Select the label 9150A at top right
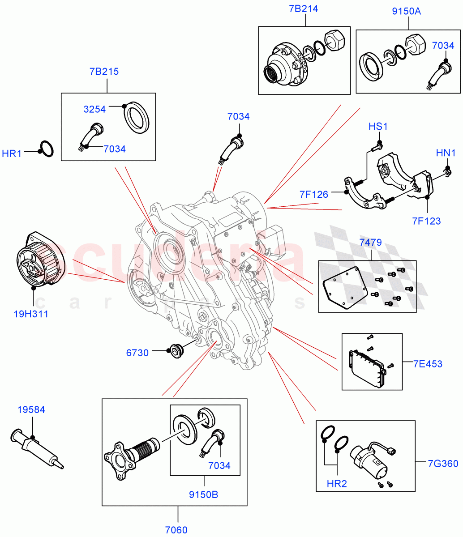pos(406,11)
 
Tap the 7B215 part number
pos(104,71)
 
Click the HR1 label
pos(12,154)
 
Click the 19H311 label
pos(31,314)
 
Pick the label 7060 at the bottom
pos(176,530)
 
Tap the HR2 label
pos(336,483)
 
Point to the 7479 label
pos(370,243)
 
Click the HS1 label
pos(378,127)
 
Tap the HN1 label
pos(446,153)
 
